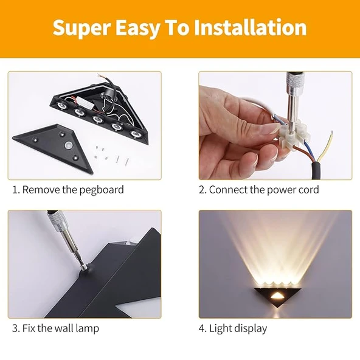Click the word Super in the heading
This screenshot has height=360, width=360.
81,28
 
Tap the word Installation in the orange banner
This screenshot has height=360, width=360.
250,27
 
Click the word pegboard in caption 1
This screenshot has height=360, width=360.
102,190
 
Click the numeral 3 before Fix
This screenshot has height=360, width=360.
15,328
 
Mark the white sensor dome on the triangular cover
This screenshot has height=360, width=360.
69,145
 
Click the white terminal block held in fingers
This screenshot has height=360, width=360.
294,135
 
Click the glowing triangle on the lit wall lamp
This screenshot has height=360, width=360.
276,297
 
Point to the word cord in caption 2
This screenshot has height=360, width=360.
309,190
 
